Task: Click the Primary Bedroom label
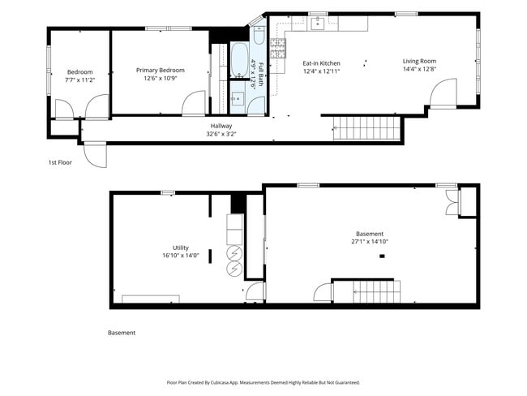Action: (161, 71)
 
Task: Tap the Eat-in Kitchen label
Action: (321, 63)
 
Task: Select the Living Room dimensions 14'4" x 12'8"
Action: (419, 69)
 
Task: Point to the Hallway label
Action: (221, 126)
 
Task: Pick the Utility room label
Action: (181, 248)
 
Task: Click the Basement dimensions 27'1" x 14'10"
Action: (370, 242)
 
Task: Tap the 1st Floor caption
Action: (60, 162)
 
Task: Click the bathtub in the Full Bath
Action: (239, 60)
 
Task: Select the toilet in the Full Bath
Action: (259, 35)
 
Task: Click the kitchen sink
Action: (317, 24)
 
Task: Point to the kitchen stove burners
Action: (277, 49)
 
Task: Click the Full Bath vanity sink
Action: (238, 98)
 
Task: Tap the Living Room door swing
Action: (443, 92)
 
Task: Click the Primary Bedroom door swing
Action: (194, 102)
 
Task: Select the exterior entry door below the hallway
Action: (95, 155)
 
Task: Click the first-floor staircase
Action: (366, 128)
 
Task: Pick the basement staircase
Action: (376, 291)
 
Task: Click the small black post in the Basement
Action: (382, 256)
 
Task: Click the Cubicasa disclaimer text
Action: (263, 382)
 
